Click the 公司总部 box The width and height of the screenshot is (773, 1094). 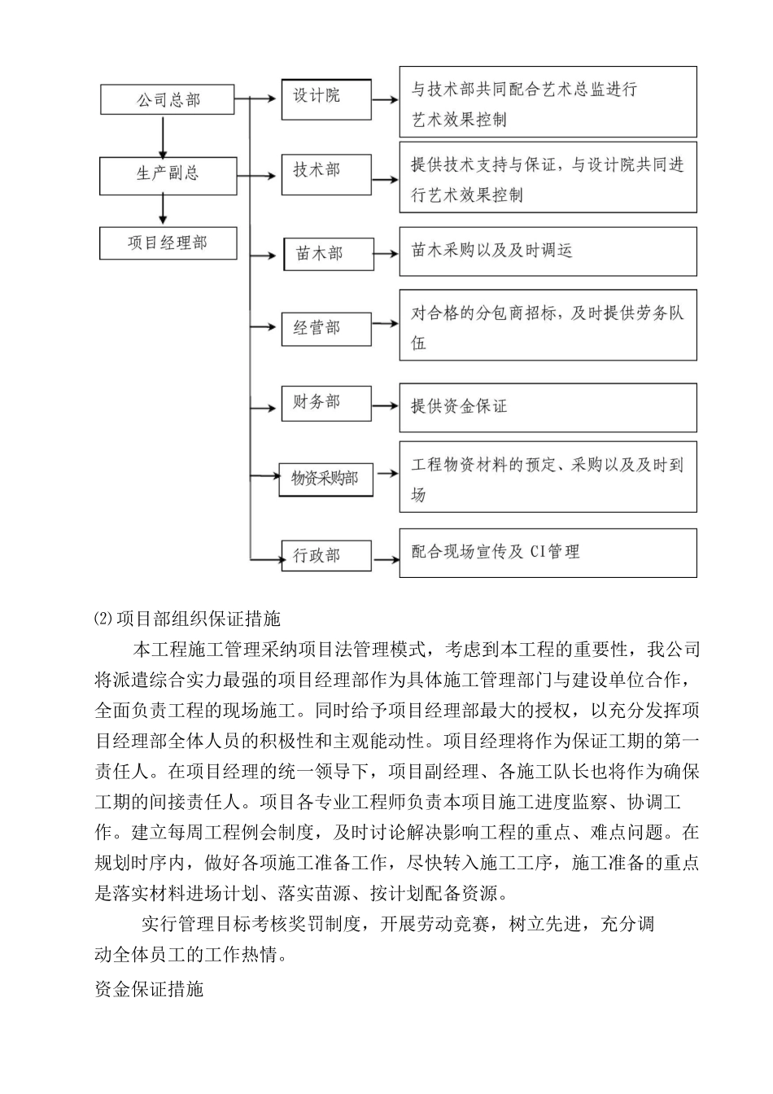click(168, 99)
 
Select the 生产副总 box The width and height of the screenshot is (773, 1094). click(168, 173)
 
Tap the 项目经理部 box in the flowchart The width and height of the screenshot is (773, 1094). click(168, 243)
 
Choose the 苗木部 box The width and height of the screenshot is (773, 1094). click(328, 255)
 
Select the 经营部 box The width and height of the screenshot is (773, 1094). click(326, 328)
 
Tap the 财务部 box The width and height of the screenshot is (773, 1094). click(326, 403)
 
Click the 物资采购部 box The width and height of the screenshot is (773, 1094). click(325, 479)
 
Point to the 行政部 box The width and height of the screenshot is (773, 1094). click(326, 556)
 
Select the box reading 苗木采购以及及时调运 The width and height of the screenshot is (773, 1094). click(548, 252)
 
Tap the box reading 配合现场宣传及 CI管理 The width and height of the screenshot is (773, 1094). click(548, 553)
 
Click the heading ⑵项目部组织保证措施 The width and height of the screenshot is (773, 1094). click(188, 619)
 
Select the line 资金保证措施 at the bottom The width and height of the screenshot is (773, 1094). click(149, 990)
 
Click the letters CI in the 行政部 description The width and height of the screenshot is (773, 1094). click(537, 553)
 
